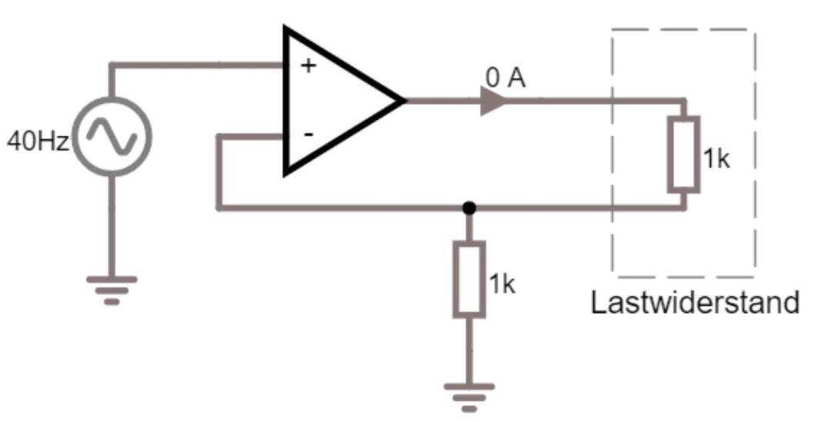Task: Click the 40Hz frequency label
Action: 38,141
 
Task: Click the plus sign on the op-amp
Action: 308,65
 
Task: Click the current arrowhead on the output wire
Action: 493,101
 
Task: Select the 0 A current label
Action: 505,78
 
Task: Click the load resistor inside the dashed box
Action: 683,154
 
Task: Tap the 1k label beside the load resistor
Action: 716,159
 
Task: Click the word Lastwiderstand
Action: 695,302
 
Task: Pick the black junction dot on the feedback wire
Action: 469,208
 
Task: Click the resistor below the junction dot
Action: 469,279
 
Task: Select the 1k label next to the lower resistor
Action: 502,284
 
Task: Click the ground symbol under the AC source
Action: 112,288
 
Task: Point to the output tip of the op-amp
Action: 403,101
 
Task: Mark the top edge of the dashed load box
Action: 683,30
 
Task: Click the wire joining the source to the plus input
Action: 192,65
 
